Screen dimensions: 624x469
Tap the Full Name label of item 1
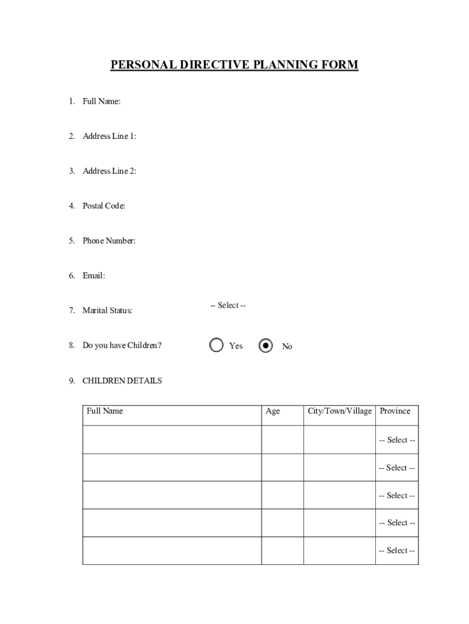coord(101,101)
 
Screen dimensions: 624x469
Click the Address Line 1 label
coord(109,136)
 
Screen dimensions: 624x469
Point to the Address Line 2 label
coord(109,171)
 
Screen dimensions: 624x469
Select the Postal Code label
coord(104,206)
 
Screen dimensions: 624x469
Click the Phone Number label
coord(109,241)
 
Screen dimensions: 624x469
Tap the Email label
coord(94,275)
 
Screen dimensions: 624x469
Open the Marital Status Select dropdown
coord(228,305)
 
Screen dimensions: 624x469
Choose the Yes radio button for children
coord(216,346)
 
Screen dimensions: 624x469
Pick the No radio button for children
coord(266,346)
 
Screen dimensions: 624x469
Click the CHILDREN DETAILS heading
coord(122,381)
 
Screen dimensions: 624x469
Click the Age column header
coord(273,411)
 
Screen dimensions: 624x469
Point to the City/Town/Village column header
coord(339,411)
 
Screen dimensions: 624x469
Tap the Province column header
coord(395,411)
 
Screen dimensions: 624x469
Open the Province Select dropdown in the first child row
coord(397,440)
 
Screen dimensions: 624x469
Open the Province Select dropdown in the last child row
coord(397,551)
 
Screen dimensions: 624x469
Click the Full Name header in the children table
coord(105,411)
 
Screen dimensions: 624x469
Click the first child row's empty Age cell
coord(282,440)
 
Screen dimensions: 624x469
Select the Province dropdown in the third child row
coord(397,495)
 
